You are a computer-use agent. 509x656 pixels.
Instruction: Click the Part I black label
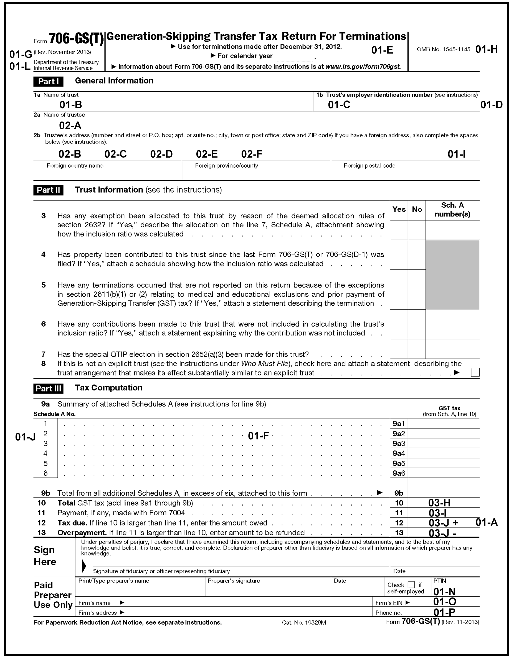(x=48, y=81)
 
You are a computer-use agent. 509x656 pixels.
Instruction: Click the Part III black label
(x=48, y=388)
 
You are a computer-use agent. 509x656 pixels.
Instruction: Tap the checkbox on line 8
(x=475, y=372)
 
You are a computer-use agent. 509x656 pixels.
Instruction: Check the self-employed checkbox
(x=411, y=584)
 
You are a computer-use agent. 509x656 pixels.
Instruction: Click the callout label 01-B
(x=70, y=105)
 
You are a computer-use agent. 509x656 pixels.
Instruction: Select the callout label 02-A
(x=70, y=125)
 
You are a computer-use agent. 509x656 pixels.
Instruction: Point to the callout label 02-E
(x=207, y=154)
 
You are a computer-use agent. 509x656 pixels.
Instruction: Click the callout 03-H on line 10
(x=439, y=503)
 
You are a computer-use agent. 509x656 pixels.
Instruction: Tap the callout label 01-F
(x=258, y=436)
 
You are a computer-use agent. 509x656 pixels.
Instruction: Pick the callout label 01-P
(x=444, y=612)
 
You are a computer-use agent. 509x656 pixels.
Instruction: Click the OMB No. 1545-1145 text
(x=443, y=50)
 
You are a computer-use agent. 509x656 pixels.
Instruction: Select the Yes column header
(x=399, y=209)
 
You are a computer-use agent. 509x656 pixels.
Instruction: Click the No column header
(x=417, y=209)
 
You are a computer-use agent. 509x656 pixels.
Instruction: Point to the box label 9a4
(x=399, y=453)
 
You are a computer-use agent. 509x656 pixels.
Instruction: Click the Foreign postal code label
(x=369, y=165)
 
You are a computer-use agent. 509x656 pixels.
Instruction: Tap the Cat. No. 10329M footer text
(x=304, y=622)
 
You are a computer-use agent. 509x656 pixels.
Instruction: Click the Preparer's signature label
(x=234, y=581)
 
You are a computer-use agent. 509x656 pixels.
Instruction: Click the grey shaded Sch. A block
(x=452, y=274)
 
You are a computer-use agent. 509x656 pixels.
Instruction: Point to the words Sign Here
(x=45, y=556)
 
